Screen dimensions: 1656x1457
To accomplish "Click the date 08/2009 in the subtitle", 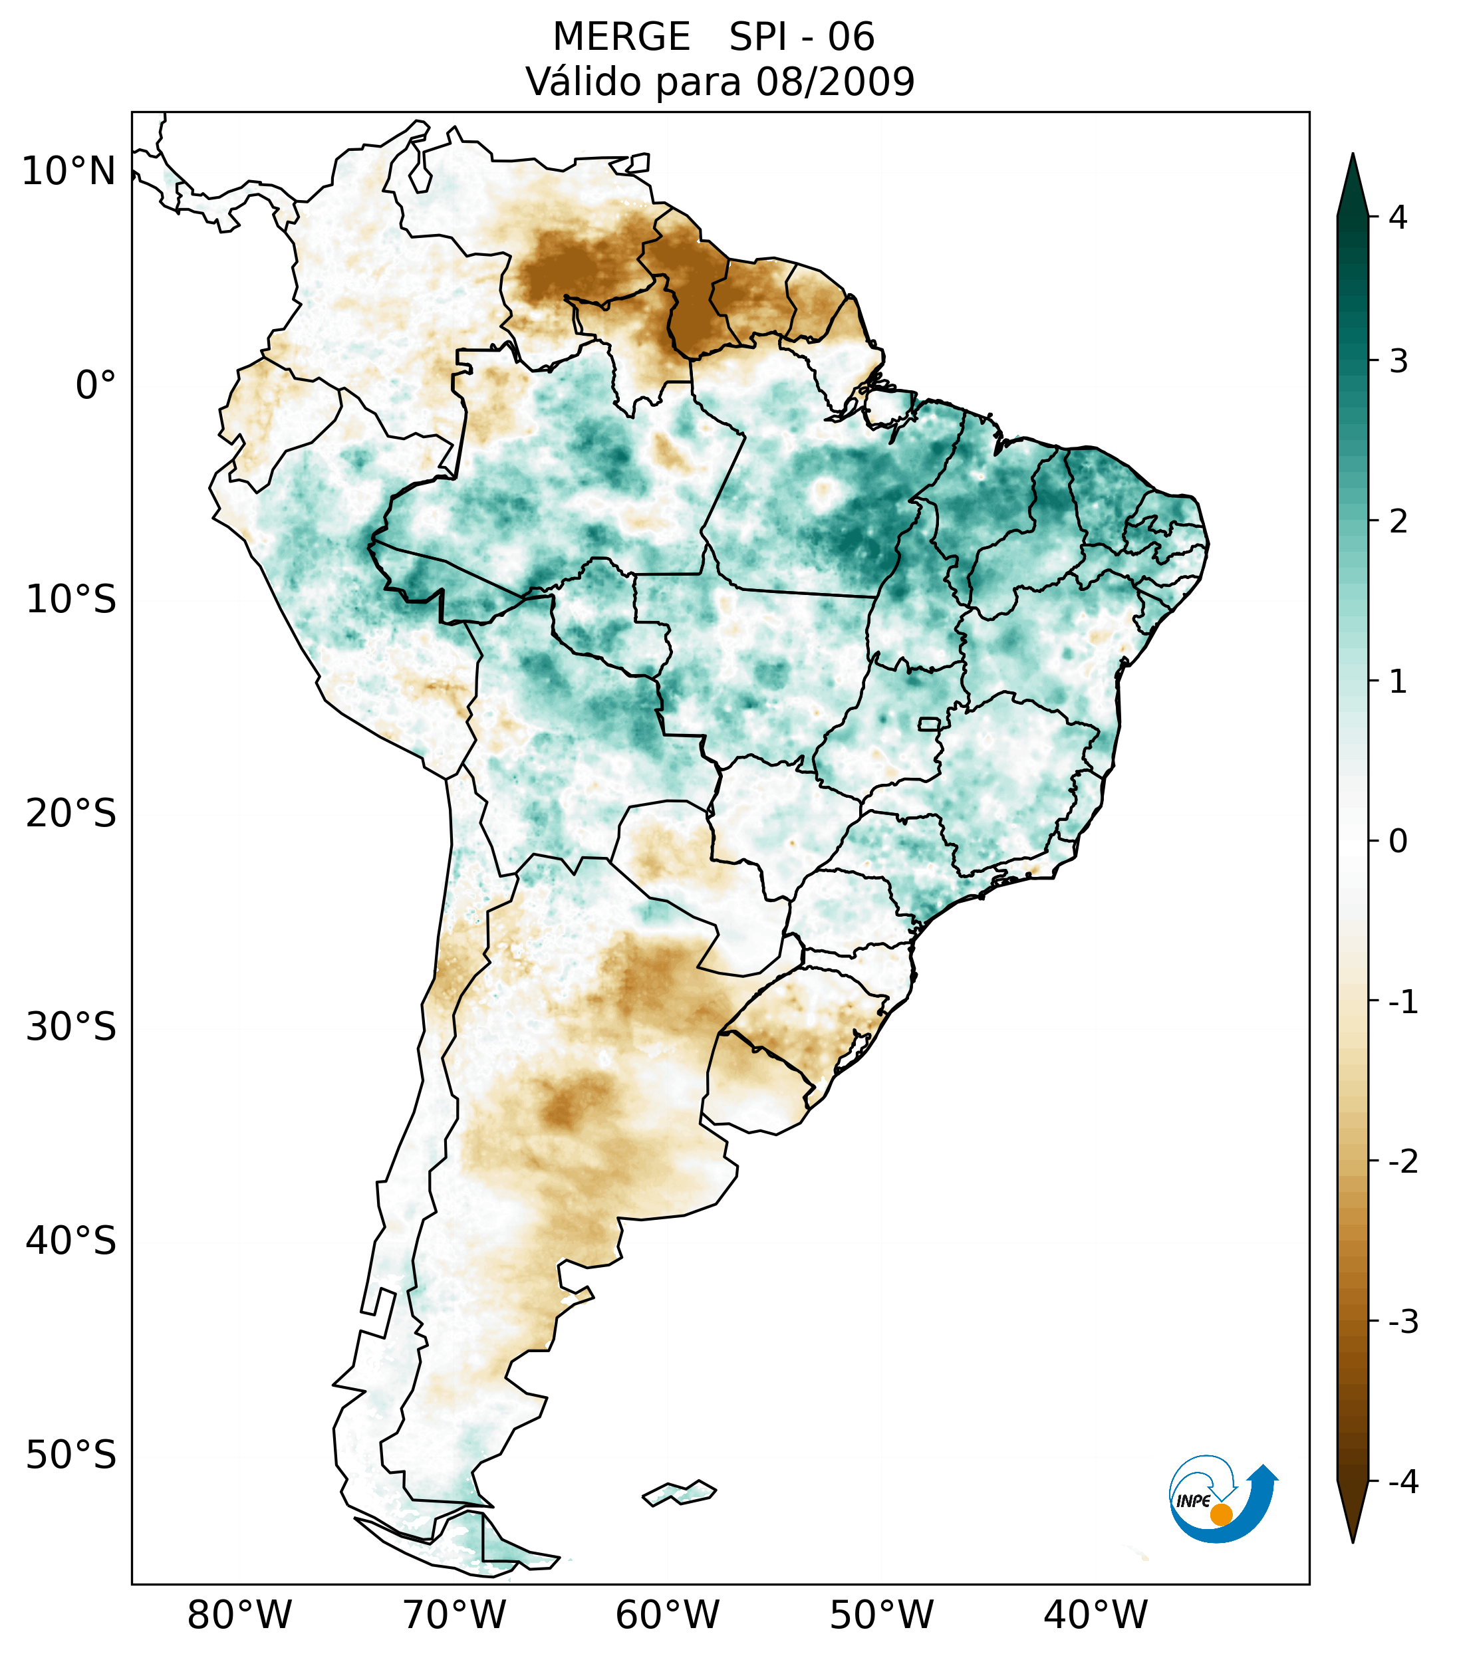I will (x=835, y=82).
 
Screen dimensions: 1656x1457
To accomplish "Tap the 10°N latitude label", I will (x=69, y=172).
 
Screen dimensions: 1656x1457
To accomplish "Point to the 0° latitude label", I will (x=96, y=386).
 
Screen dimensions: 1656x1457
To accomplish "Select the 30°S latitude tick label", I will (x=71, y=1027).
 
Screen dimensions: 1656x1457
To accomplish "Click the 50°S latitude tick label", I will (x=71, y=1455).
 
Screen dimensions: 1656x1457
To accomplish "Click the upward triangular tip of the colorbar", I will (x=1353, y=182).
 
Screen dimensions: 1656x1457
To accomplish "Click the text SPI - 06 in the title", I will (x=801, y=37).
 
